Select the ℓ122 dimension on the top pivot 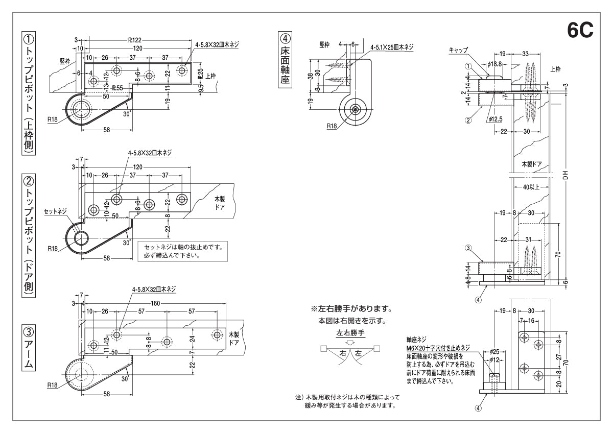tap(134, 40)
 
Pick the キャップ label tap(458, 50)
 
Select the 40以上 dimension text tap(531, 187)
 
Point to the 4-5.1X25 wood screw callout tap(392, 47)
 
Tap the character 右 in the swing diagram tap(343, 352)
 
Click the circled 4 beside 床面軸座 tap(285, 38)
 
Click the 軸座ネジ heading tap(417, 339)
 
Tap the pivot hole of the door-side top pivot tap(80, 238)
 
